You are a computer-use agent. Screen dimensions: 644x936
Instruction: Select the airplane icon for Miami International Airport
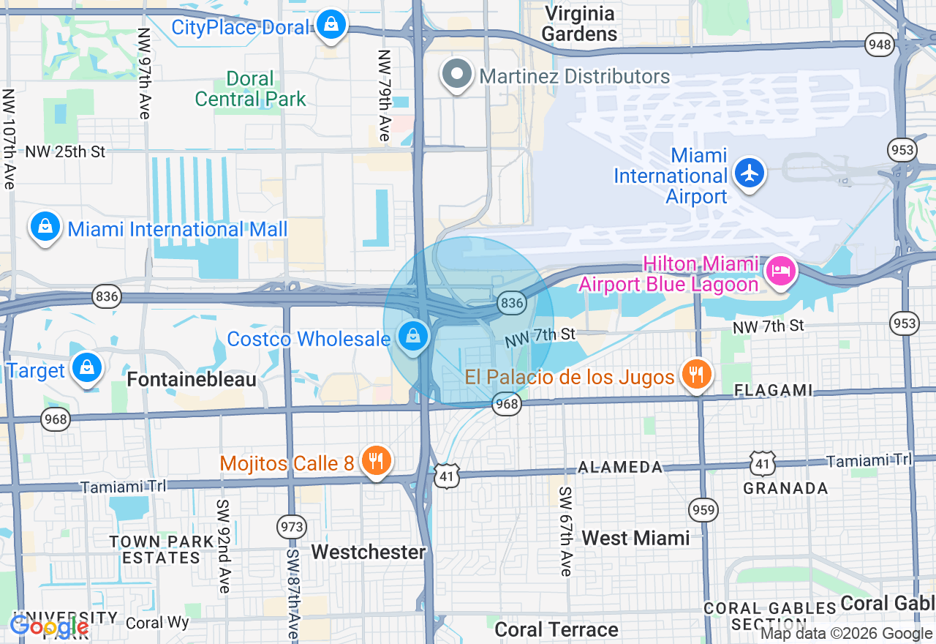coord(750,173)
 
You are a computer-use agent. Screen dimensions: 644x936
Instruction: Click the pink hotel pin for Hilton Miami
coord(780,271)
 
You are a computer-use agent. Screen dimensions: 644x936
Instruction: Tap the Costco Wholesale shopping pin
coord(413,337)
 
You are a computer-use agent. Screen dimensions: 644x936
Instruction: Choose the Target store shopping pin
coord(87,368)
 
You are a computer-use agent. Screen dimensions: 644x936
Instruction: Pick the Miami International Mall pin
coord(45,227)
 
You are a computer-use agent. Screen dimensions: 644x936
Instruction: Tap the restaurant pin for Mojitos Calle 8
coord(376,461)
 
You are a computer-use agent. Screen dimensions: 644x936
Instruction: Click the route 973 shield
coord(291,526)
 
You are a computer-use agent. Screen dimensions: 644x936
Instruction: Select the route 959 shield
coord(703,510)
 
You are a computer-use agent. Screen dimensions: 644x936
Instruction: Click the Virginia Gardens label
coord(579,23)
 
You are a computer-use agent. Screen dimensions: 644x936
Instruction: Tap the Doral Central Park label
coord(250,89)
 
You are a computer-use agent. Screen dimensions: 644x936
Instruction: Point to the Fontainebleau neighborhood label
coord(192,379)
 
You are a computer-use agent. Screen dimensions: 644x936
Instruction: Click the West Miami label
coord(635,538)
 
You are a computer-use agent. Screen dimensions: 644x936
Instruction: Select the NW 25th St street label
coord(65,152)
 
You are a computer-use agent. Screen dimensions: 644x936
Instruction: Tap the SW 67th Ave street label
coord(565,531)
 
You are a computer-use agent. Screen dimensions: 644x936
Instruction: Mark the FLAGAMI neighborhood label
coord(773,391)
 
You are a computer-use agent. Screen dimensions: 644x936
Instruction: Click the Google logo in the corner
coord(48,626)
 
